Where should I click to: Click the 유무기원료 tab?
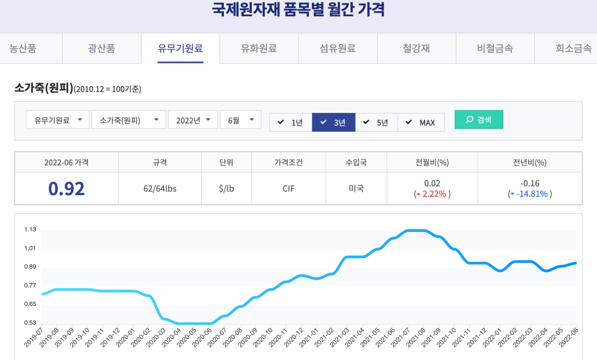pos(180,49)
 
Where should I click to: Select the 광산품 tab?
pos(101,49)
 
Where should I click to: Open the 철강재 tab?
pos(416,49)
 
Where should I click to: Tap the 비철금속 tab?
pos(495,49)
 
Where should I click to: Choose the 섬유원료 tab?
pos(338,49)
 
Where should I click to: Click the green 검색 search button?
pos(479,120)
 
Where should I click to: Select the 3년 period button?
pos(333,122)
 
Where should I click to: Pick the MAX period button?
pos(421,122)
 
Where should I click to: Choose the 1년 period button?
pos(290,122)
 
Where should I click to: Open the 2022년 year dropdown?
pos(193,120)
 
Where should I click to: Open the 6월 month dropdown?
pos(240,120)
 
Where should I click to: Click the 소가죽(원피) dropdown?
pos(128,120)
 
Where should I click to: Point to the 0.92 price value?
pos(66,189)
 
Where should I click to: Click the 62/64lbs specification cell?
pos(160,189)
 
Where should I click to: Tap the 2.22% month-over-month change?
pos(435,194)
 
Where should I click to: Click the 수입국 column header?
pos(355,163)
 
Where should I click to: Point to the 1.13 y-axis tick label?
pos(30,230)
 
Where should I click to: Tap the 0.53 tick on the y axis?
pos(30,323)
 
